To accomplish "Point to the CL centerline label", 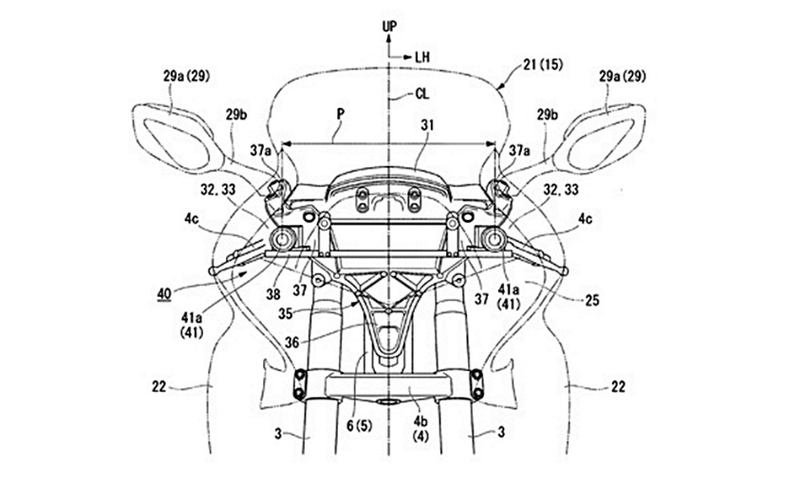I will [428, 93].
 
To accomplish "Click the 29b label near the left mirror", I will [238, 114].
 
